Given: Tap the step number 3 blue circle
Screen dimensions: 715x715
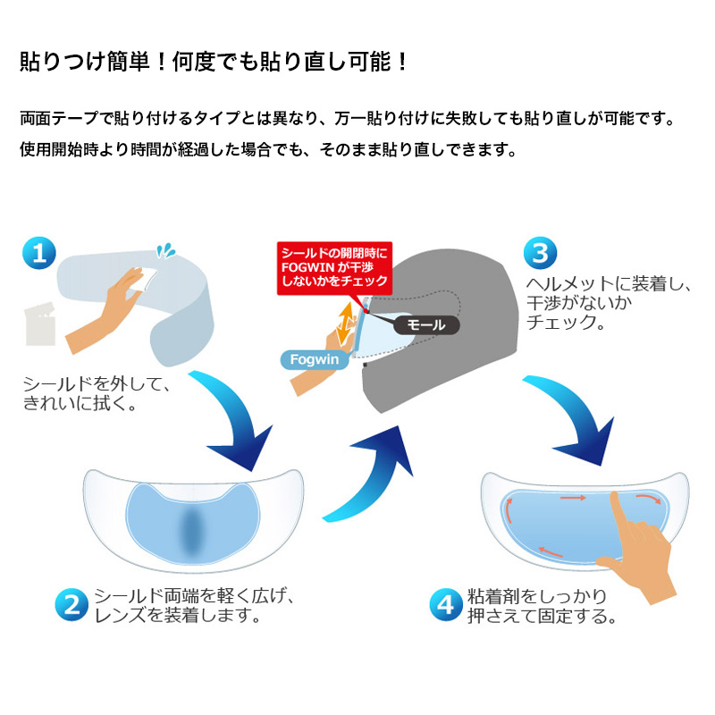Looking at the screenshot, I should (540, 252).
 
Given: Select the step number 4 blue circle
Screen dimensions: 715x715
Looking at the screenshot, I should (444, 605).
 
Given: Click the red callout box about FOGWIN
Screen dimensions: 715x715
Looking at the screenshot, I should (333, 266).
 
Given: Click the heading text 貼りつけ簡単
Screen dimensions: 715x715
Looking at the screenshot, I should (214, 63).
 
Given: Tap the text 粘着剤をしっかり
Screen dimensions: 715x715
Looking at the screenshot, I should (537, 595).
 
